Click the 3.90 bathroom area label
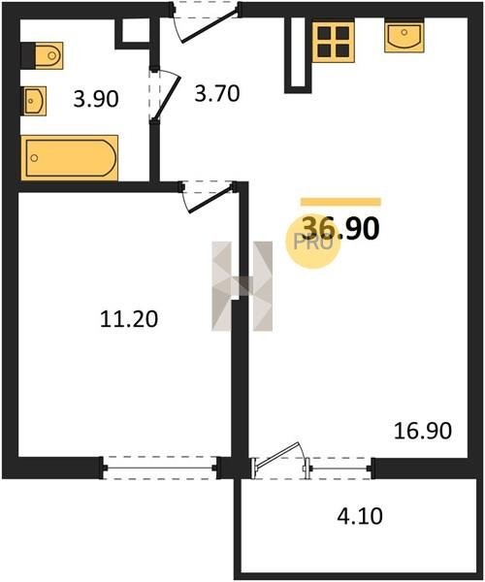(x=96, y=99)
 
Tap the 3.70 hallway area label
(x=217, y=93)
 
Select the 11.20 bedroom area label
(x=129, y=319)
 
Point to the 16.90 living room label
(x=423, y=431)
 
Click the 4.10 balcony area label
(x=360, y=516)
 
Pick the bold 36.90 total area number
(x=340, y=228)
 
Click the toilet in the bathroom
(x=43, y=55)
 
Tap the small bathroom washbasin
(x=34, y=101)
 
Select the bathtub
(x=70, y=158)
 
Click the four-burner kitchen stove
(x=334, y=42)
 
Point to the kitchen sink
(x=404, y=37)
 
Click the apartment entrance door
(x=206, y=22)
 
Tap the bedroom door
(x=208, y=197)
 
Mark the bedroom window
(x=159, y=468)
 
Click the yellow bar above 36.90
(x=340, y=202)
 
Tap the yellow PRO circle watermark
(x=312, y=242)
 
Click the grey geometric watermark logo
(x=242, y=286)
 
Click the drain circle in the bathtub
(x=34, y=158)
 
